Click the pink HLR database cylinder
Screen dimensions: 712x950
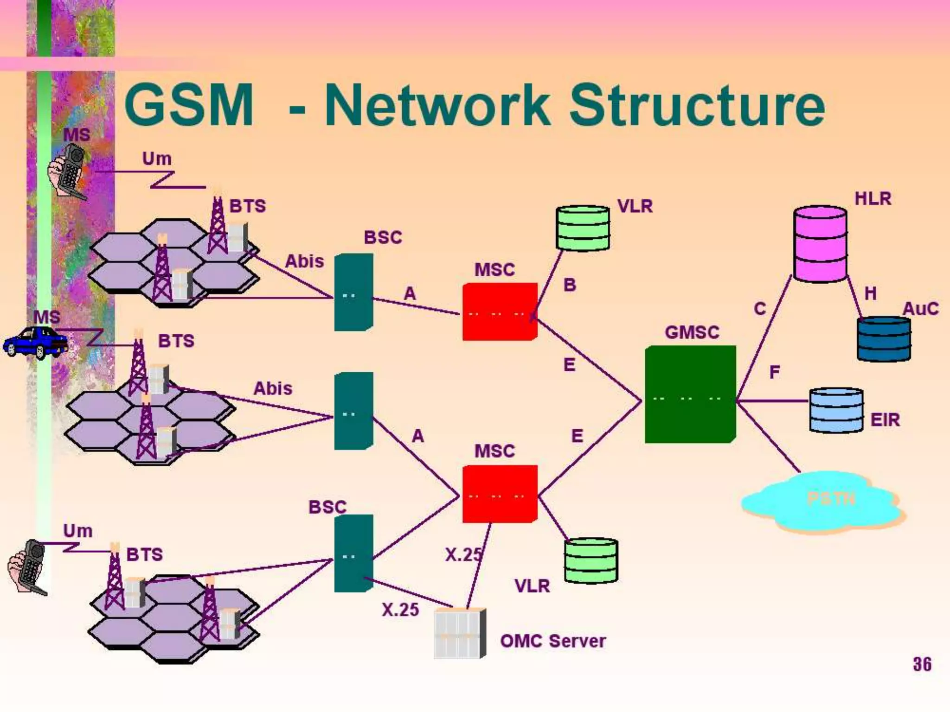[820, 244]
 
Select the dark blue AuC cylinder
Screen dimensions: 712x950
[884, 339]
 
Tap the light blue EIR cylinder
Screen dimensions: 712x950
[836, 410]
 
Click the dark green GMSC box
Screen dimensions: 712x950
[690, 394]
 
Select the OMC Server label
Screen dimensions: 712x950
[552, 641]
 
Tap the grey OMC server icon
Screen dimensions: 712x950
[459, 633]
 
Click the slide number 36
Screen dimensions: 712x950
[922, 664]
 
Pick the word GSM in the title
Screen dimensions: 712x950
[189, 105]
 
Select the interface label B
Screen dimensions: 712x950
[570, 285]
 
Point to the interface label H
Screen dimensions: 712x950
[870, 293]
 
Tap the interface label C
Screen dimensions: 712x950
[760, 309]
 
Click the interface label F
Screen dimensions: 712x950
[775, 372]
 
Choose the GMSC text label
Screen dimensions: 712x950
[692, 332]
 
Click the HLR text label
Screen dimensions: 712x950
[873, 199]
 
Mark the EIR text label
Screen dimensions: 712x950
[885, 420]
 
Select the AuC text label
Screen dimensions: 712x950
[920, 309]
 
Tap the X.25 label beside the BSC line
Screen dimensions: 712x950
[400, 610]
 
